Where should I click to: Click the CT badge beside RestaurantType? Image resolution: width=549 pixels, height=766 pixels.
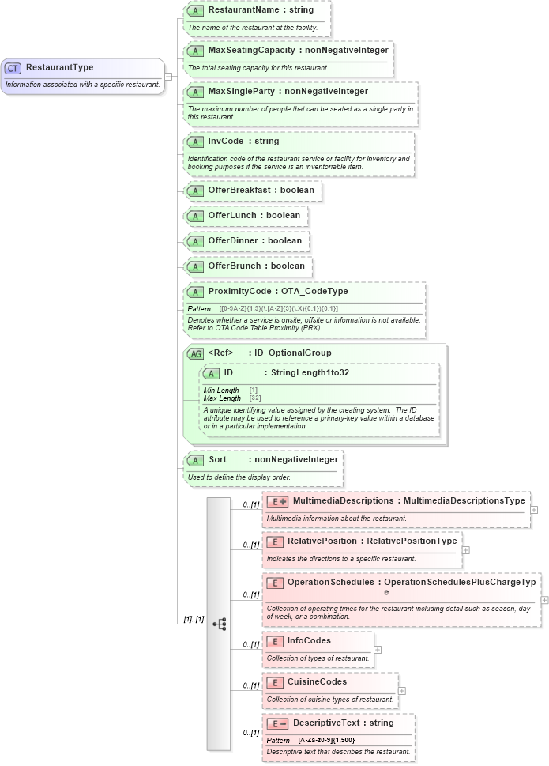13,68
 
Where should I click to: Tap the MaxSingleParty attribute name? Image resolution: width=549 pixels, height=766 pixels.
243,92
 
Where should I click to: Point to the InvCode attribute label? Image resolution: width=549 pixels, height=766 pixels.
226,141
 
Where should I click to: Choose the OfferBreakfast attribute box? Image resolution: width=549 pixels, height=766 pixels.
252,191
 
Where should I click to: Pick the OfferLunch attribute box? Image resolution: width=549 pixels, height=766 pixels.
245,216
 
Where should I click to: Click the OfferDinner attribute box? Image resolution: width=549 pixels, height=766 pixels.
246,241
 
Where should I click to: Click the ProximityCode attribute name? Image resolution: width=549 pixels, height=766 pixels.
238,292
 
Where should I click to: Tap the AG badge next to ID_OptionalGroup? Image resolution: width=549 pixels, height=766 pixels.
195,353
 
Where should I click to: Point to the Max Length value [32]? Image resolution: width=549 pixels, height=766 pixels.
255,398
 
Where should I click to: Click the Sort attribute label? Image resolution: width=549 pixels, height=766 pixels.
218,459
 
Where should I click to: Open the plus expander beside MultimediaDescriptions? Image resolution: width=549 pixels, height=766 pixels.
534,510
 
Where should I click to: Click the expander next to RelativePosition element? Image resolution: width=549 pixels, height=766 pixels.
466,550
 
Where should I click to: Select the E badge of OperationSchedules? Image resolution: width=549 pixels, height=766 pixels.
275,583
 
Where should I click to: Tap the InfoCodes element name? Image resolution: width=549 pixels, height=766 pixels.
309,640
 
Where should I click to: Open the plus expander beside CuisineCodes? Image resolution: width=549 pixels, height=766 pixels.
402,690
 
